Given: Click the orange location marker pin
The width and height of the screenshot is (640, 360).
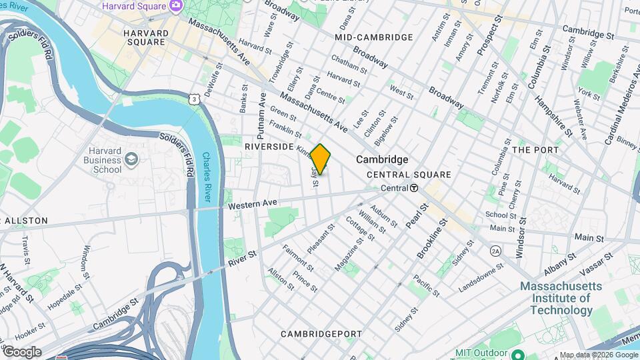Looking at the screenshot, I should pyautogui.click(x=321, y=159).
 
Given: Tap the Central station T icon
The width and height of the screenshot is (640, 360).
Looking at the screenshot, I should pyautogui.click(x=414, y=189).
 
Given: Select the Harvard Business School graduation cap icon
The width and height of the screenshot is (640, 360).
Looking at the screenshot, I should pyautogui.click(x=131, y=159).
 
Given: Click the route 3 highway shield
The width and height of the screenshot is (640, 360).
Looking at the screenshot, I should pyautogui.click(x=193, y=99).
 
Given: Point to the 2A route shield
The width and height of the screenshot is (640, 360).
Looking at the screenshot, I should pyautogui.click(x=495, y=251).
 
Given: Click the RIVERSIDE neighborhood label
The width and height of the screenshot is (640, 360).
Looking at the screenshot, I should pyautogui.click(x=269, y=146).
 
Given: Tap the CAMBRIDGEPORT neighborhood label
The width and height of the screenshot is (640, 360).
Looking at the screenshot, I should pyautogui.click(x=321, y=333).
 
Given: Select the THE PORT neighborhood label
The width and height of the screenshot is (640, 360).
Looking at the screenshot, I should pyautogui.click(x=535, y=150).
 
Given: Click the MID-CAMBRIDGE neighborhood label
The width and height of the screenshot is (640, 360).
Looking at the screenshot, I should pyautogui.click(x=374, y=37).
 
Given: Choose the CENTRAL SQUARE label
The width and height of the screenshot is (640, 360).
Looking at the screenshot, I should pyautogui.click(x=409, y=175).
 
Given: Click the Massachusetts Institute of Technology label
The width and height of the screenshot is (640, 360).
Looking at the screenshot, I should pyautogui.click(x=561, y=298).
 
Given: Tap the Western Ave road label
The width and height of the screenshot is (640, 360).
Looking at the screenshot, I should pyautogui.click(x=252, y=203).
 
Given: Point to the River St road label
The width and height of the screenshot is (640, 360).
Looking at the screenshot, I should pyautogui.click(x=243, y=255).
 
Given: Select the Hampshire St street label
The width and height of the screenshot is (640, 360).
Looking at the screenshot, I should pyautogui.click(x=553, y=115).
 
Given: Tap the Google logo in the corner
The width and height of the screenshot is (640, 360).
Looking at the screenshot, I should pyautogui.click(x=22, y=352).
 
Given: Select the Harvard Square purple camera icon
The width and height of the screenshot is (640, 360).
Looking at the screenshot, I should pyautogui.click(x=176, y=6).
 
